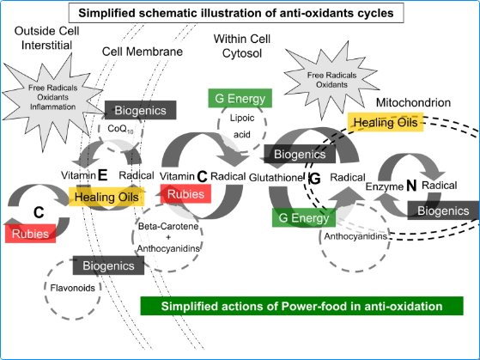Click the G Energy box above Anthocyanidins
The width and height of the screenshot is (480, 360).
pos(305,217)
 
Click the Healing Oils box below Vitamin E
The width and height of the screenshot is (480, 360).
pos(105,197)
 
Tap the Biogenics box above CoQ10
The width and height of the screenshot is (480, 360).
pos(140,109)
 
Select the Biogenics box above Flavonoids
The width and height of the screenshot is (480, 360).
pos(109,266)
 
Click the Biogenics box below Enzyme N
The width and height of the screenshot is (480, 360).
pos(442,210)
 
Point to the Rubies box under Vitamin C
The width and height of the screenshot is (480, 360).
pos(185,194)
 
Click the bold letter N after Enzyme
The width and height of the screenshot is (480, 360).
pos(410,185)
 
